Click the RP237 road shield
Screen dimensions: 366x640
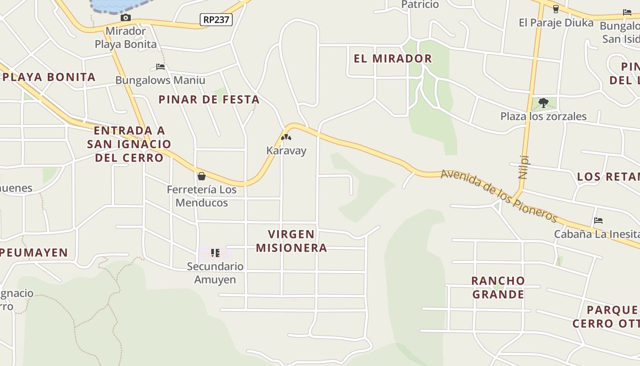click(x=216, y=20)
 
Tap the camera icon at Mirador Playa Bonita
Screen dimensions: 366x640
click(x=126, y=18)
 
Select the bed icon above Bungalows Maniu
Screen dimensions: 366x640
click(x=160, y=67)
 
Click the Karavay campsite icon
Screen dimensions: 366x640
click(x=286, y=137)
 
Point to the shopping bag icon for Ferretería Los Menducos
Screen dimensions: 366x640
click(x=202, y=176)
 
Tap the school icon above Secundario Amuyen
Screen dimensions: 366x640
click(x=215, y=253)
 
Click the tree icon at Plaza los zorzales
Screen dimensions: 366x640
click(x=543, y=103)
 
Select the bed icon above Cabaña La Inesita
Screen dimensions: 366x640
click(x=598, y=221)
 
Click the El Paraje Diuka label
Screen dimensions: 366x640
click(x=556, y=22)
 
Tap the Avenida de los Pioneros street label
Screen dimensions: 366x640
click(x=499, y=195)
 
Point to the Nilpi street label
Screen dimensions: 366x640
click(x=524, y=167)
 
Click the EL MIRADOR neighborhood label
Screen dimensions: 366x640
click(x=393, y=59)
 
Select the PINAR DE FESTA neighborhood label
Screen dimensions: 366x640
click(x=209, y=99)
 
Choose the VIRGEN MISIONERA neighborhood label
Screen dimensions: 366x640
click(x=291, y=241)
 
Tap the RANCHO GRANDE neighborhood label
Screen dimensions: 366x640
click(x=498, y=287)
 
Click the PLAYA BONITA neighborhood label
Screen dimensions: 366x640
click(x=49, y=77)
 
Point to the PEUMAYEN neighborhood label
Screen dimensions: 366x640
click(x=34, y=253)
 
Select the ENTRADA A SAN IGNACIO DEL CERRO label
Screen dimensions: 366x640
click(x=129, y=144)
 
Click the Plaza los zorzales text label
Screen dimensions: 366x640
click(x=543, y=116)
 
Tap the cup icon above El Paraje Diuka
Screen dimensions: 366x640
click(x=556, y=9)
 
